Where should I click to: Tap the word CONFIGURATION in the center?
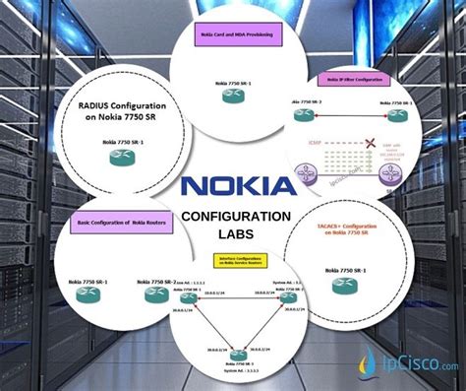(x=236, y=217)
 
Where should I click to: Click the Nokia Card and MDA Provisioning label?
(x=233, y=38)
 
